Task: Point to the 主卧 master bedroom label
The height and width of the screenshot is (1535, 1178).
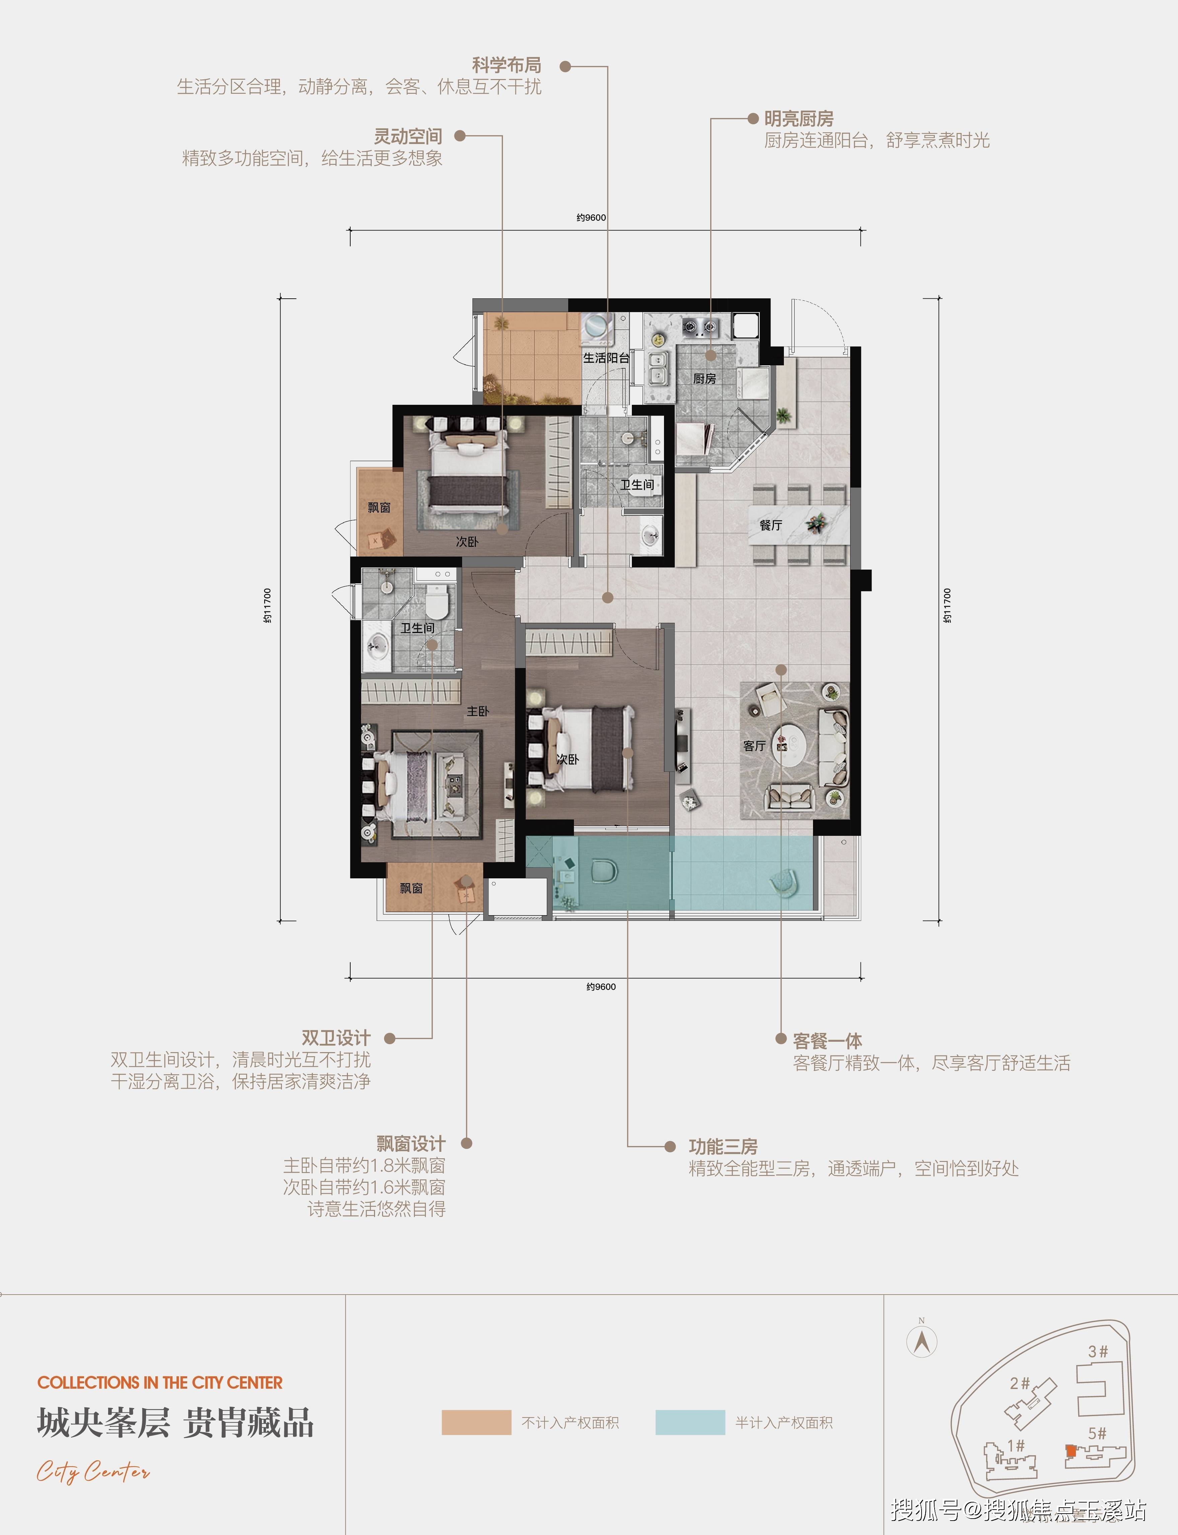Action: point(477,711)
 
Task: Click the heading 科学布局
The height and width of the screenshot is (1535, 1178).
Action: point(506,65)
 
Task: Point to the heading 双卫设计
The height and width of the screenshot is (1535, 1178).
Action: point(336,1038)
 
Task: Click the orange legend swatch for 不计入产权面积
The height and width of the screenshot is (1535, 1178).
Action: point(476,1423)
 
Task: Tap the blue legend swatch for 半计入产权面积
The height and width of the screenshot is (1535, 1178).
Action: point(690,1423)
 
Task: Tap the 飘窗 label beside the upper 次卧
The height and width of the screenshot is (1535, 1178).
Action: point(379,507)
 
